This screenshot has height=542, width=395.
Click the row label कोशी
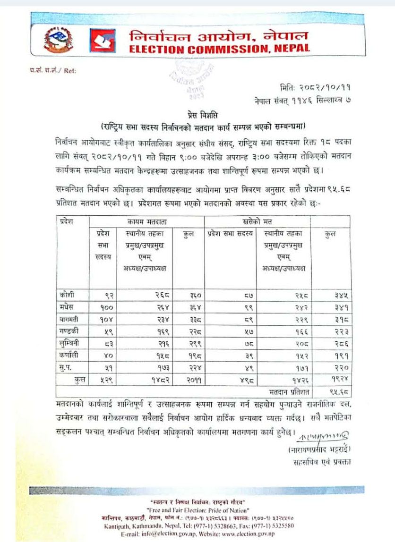coord(68,296)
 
